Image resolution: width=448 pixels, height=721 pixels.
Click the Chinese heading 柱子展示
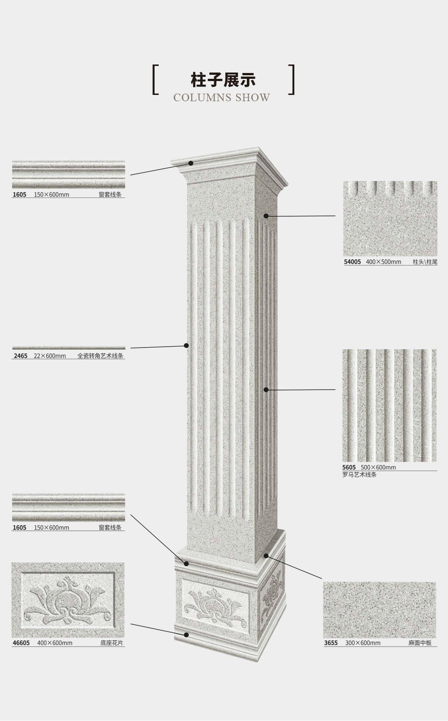(223, 80)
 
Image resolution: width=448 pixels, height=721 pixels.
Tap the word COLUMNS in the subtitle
(202, 98)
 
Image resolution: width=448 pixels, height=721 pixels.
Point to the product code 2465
(21, 356)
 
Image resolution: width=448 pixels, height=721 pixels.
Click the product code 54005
(352, 262)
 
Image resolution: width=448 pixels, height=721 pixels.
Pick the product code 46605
(21, 643)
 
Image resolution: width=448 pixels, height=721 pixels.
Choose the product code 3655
(331, 643)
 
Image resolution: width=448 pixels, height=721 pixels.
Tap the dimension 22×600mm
(50, 356)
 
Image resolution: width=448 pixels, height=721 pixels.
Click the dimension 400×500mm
(383, 262)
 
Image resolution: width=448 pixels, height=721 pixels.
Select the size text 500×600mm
(378, 467)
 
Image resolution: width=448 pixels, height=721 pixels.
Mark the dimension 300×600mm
(362, 643)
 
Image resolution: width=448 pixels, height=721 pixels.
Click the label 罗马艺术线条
(359, 474)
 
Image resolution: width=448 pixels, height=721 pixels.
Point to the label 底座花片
(112, 643)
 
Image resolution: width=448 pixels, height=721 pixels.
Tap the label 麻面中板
(420, 643)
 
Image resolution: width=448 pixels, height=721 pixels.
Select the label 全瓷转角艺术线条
(100, 356)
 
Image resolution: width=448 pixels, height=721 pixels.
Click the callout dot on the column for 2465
(186, 345)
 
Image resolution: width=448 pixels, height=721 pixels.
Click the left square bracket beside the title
(155, 80)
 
